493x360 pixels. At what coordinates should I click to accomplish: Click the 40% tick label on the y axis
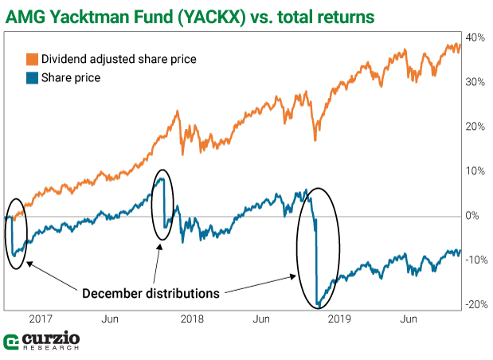click(x=475, y=37)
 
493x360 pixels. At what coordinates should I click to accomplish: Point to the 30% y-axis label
click(x=475, y=82)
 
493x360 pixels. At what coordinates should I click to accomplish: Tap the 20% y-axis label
click(x=475, y=127)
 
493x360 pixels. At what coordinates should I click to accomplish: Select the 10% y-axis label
click(x=475, y=171)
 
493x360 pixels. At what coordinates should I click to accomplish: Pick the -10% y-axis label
click(x=475, y=260)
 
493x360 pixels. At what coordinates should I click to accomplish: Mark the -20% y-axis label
click(x=475, y=304)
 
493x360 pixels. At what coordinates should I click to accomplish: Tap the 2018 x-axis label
click(x=192, y=319)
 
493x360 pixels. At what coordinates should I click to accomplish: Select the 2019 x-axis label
click(x=340, y=319)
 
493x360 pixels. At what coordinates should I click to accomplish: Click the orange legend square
click(x=33, y=60)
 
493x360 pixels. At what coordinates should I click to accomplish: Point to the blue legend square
click(x=33, y=78)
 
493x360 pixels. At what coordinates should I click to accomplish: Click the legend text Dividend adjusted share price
click(x=119, y=60)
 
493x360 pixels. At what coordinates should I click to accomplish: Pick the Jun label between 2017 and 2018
click(x=111, y=319)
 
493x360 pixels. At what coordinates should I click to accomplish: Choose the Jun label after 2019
click(x=409, y=319)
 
